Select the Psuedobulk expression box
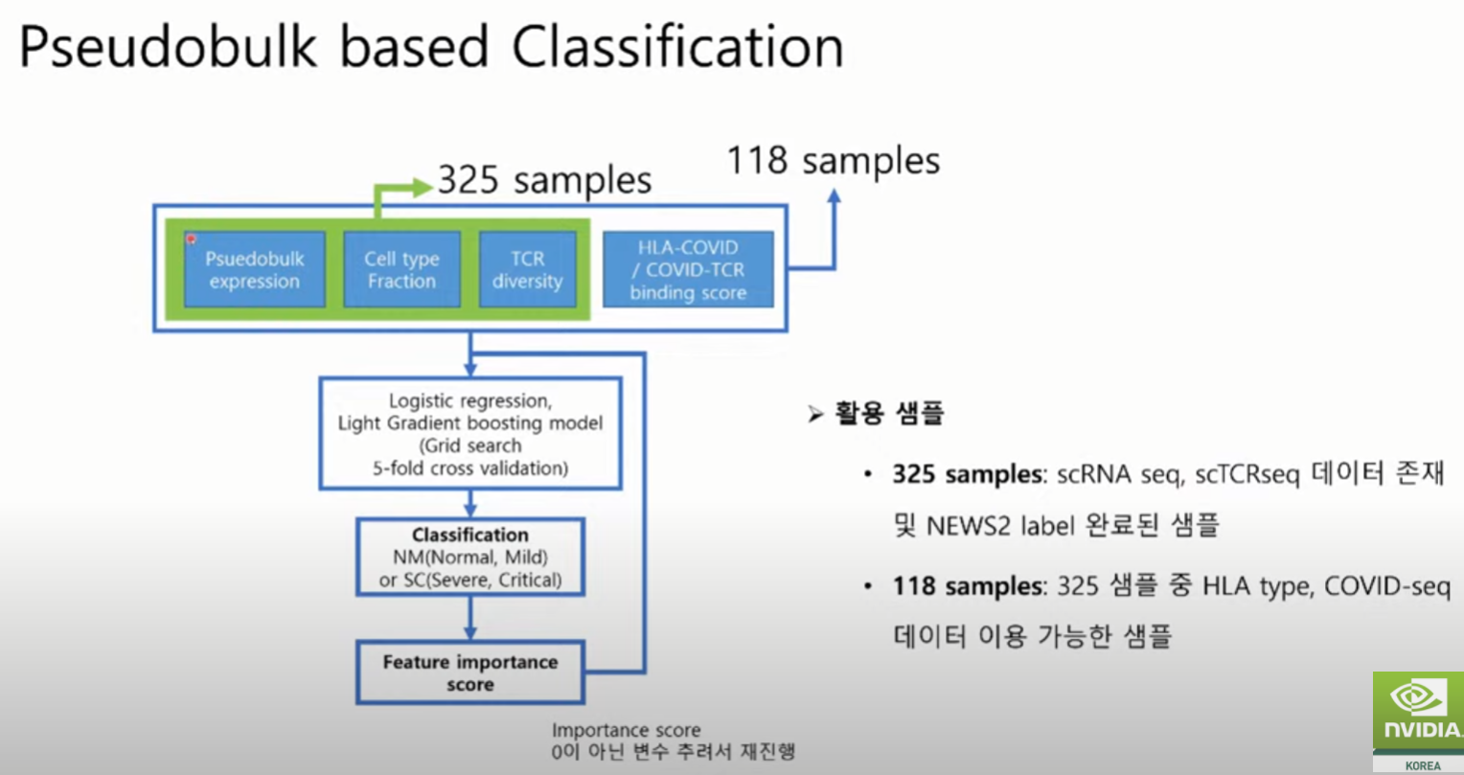click(255, 269)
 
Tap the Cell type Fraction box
click(401, 269)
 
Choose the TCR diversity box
click(527, 269)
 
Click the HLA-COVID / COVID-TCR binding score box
click(688, 269)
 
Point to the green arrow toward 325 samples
click(416, 188)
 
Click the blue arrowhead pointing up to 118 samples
click(834, 196)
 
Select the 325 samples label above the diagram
click(544, 180)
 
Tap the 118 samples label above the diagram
click(833, 160)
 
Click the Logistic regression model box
click(470, 434)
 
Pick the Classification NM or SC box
click(470, 557)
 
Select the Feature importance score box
click(470, 672)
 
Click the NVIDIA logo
click(1418, 715)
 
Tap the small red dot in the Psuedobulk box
click(191, 239)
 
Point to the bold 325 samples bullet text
click(968, 475)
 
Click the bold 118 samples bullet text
click(968, 586)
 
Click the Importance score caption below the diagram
click(626, 731)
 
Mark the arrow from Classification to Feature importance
click(470, 619)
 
